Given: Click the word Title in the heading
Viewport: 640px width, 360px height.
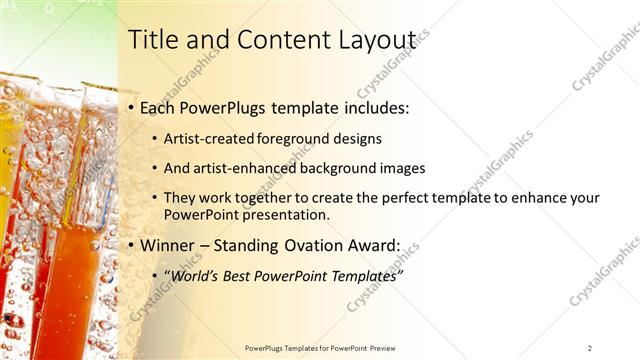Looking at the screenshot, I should click(x=152, y=40).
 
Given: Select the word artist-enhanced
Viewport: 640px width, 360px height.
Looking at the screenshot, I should click(x=239, y=168).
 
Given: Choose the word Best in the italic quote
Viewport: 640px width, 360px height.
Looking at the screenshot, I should click(x=245, y=274).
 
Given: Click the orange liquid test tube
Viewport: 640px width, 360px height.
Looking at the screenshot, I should click(x=72, y=280).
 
